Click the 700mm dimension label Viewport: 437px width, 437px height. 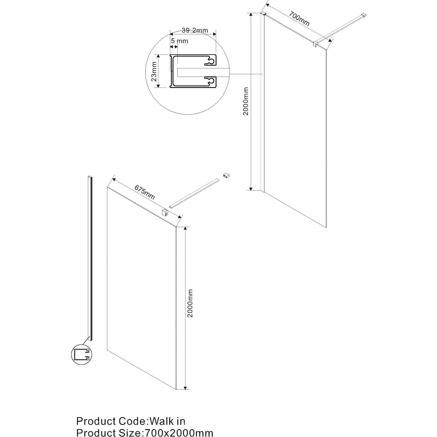299,18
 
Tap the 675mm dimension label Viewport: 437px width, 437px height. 145,192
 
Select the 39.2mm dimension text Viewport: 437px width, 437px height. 195,30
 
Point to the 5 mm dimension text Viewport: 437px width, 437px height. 179,41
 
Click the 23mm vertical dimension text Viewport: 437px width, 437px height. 154,72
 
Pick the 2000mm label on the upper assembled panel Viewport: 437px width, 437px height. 245,101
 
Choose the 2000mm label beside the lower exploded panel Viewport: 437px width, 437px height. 190,303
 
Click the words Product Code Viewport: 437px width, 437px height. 111,421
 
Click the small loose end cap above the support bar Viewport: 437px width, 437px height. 226,175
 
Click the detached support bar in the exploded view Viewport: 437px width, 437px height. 194,193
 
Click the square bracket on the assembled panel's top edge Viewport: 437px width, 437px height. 315,44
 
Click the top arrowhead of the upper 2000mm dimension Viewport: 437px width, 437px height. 251,15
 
